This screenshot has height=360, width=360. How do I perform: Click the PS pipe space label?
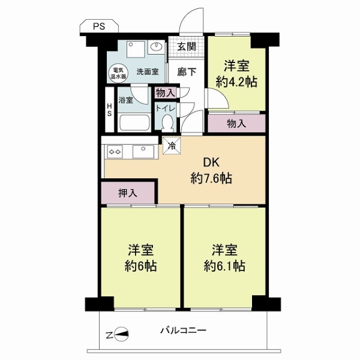(99, 26)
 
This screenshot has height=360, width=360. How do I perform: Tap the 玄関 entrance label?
(187, 47)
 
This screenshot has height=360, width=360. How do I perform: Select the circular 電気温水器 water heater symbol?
(118, 73)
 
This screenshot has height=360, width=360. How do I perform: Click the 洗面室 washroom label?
(148, 72)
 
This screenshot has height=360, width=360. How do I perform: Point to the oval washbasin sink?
(157, 47)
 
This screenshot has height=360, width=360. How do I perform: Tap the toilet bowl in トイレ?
(167, 123)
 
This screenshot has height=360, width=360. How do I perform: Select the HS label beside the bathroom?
(110, 110)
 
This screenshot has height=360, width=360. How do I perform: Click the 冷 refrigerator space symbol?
(172, 145)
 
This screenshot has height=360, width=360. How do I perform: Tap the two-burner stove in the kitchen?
(115, 152)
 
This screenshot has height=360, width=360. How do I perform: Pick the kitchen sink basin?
(143, 152)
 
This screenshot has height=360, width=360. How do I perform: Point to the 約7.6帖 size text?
(211, 178)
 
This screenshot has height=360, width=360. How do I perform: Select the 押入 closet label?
(128, 193)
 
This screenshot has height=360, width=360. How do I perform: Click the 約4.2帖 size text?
(236, 82)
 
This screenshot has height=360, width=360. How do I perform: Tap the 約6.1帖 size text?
(224, 266)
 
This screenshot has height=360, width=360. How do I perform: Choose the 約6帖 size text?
(140, 266)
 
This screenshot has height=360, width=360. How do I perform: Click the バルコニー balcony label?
(183, 331)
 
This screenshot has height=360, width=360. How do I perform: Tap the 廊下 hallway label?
(187, 72)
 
